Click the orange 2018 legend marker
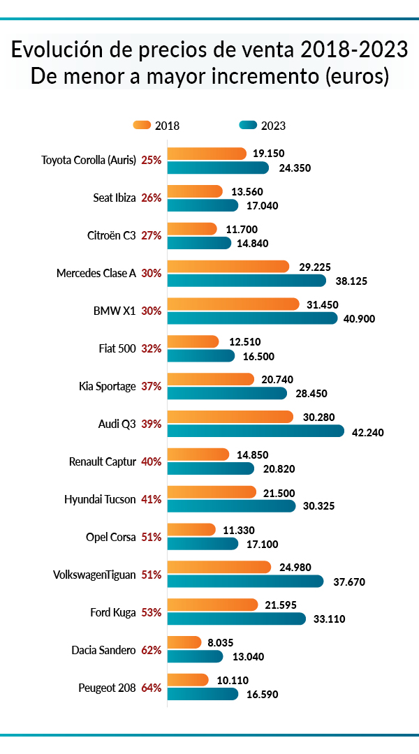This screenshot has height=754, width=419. click(141, 125)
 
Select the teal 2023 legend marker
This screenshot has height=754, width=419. click(248, 125)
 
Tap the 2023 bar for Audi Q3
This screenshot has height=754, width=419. click(256, 431)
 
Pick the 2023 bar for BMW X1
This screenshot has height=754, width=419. click(252, 318)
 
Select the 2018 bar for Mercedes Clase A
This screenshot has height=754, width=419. click(228, 267)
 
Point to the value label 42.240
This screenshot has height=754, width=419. click(368, 432)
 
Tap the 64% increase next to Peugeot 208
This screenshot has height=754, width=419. click(152, 688)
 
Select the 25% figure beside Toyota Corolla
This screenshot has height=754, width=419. click(152, 160)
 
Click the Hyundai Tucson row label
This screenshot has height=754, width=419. click(100, 499)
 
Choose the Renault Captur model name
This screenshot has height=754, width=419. click(102, 461)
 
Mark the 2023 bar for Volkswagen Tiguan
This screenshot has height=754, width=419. click(245, 581)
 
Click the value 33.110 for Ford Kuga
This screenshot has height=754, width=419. click(330, 619)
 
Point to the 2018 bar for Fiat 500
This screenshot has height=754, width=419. click(193, 341)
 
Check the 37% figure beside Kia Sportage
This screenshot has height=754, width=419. click(152, 386)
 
